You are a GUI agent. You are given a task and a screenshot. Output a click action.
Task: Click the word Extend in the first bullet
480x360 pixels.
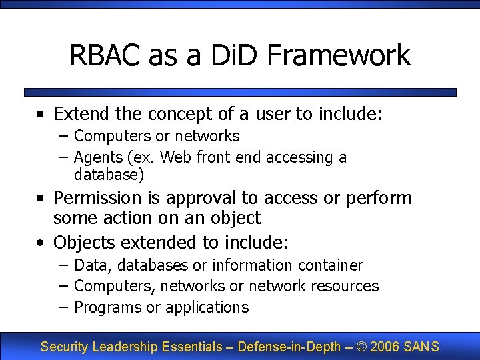78,114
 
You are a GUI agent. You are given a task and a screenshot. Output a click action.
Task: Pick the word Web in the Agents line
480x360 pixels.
175,157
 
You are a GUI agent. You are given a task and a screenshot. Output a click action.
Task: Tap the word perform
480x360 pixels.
376,198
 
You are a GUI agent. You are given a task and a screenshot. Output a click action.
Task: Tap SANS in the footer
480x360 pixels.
421,347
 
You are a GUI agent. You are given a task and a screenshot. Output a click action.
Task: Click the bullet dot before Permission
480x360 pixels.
41,199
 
